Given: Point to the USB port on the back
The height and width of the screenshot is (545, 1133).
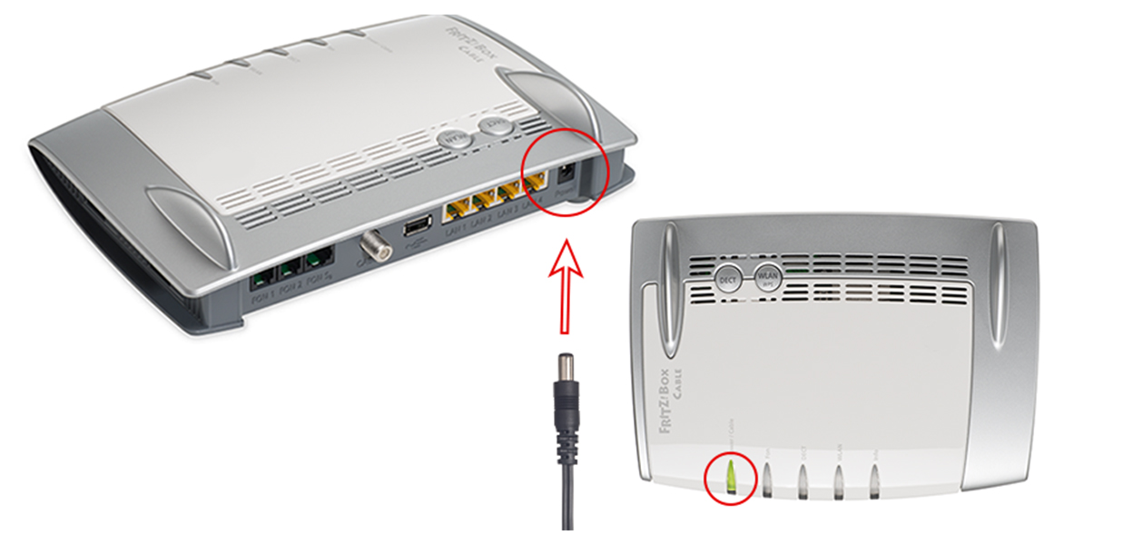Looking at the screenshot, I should [x=417, y=225].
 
